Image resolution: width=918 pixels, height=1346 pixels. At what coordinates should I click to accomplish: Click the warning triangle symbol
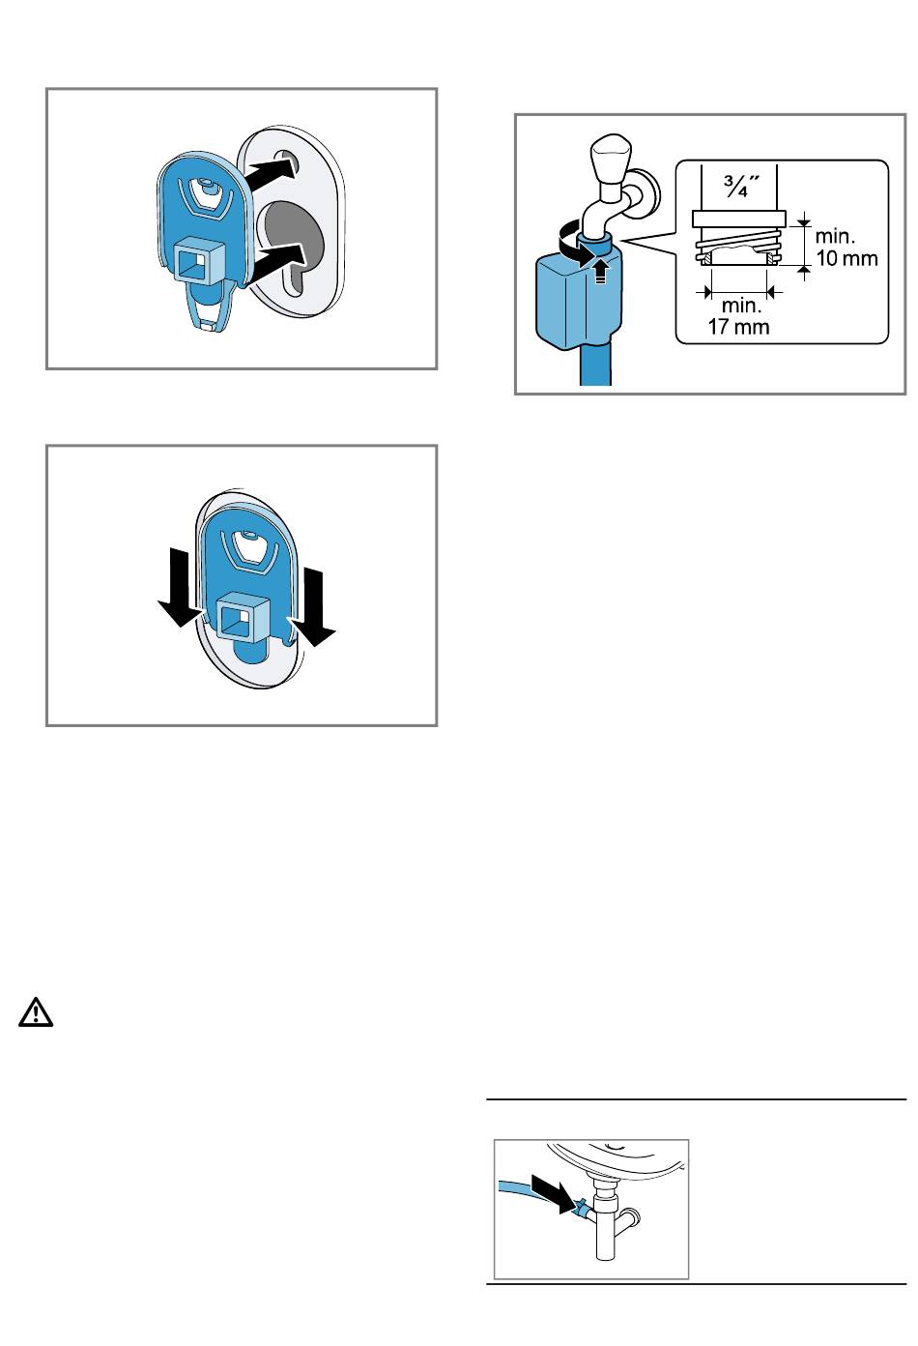pyautogui.click(x=36, y=1012)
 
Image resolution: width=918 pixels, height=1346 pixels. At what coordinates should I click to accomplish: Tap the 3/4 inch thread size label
pyautogui.click(x=741, y=187)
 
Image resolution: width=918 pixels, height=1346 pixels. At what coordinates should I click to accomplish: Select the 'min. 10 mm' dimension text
pyautogui.click(x=846, y=247)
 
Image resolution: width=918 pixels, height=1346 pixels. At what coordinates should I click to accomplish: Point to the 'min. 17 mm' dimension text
pyautogui.click(x=739, y=316)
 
